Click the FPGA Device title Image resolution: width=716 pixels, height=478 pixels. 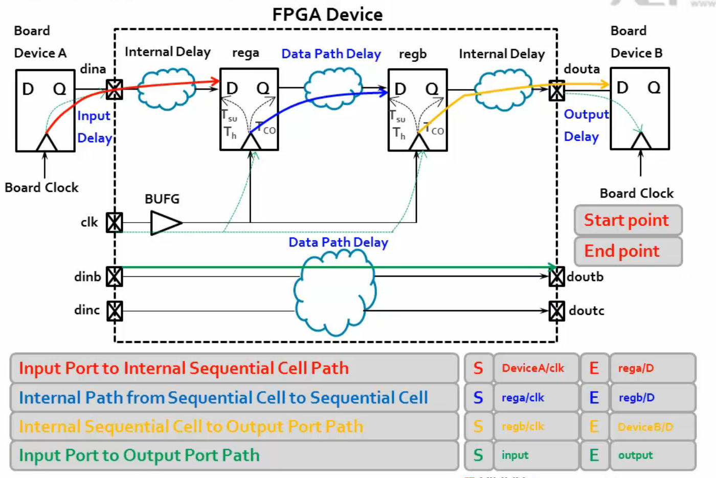point(327,14)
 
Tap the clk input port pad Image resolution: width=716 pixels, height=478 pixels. point(114,223)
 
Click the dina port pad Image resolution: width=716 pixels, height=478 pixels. point(114,90)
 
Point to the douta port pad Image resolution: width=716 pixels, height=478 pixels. point(556,91)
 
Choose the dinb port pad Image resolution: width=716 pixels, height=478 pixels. point(114,276)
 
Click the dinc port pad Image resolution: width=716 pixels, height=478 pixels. point(115,311)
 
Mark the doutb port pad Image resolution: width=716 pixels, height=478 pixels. point(556,276)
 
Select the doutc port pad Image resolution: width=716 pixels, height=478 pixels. point(556,311)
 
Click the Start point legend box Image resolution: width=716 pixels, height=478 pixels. point(628,220)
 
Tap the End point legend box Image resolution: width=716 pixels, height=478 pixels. point(628,251)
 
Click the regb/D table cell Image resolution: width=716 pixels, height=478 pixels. point(652,398)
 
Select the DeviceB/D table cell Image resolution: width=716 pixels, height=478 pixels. point(652,426)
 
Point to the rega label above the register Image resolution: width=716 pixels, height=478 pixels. point(245,53)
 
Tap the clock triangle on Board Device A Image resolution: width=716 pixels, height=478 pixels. point(47,142)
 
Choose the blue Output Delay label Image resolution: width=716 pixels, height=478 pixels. point(585,125)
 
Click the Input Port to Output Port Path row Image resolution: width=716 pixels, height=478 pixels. point(234,455)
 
